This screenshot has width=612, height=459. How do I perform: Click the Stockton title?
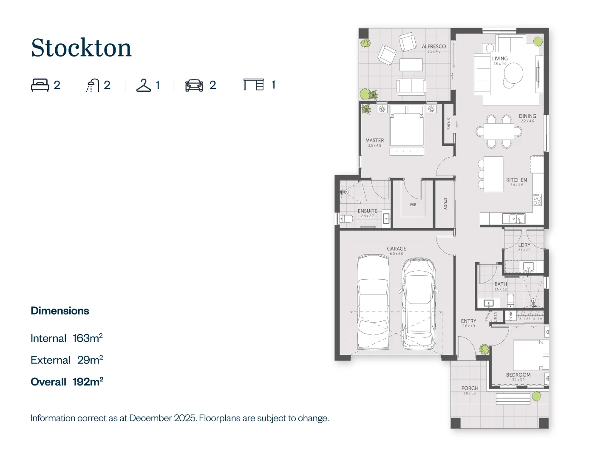click(x=81, y=48)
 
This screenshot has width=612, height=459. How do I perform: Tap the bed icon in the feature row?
click(x=40, y=85)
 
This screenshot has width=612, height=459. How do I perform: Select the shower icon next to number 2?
click(x=92, y=85)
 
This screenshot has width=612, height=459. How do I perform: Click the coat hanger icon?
click(x=144, y=85)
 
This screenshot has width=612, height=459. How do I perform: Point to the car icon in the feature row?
click(x=194, y=85)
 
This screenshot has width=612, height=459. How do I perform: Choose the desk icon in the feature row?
click(x=253, y=85)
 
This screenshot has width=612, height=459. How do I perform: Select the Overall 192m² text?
click(x=67, y=382)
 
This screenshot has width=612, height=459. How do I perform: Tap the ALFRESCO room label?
click(x=433, y=47)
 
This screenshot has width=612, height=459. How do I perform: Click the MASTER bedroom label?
click(x=374, y=141)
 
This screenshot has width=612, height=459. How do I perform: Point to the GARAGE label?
click(x=396, y=249)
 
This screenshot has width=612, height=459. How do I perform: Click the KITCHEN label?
click(x=516, y=180)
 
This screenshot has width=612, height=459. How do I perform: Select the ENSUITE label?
click(x=367, y=211)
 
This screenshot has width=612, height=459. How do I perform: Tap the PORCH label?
click(x=470, y=388)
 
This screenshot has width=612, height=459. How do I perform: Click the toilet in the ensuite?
click(x=346, y=219)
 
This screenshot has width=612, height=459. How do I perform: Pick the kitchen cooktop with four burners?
click(x=537, y=200)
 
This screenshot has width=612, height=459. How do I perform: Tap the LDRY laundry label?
click(x=524, y=245)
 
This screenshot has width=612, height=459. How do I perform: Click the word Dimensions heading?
click(x=60, y=311)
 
